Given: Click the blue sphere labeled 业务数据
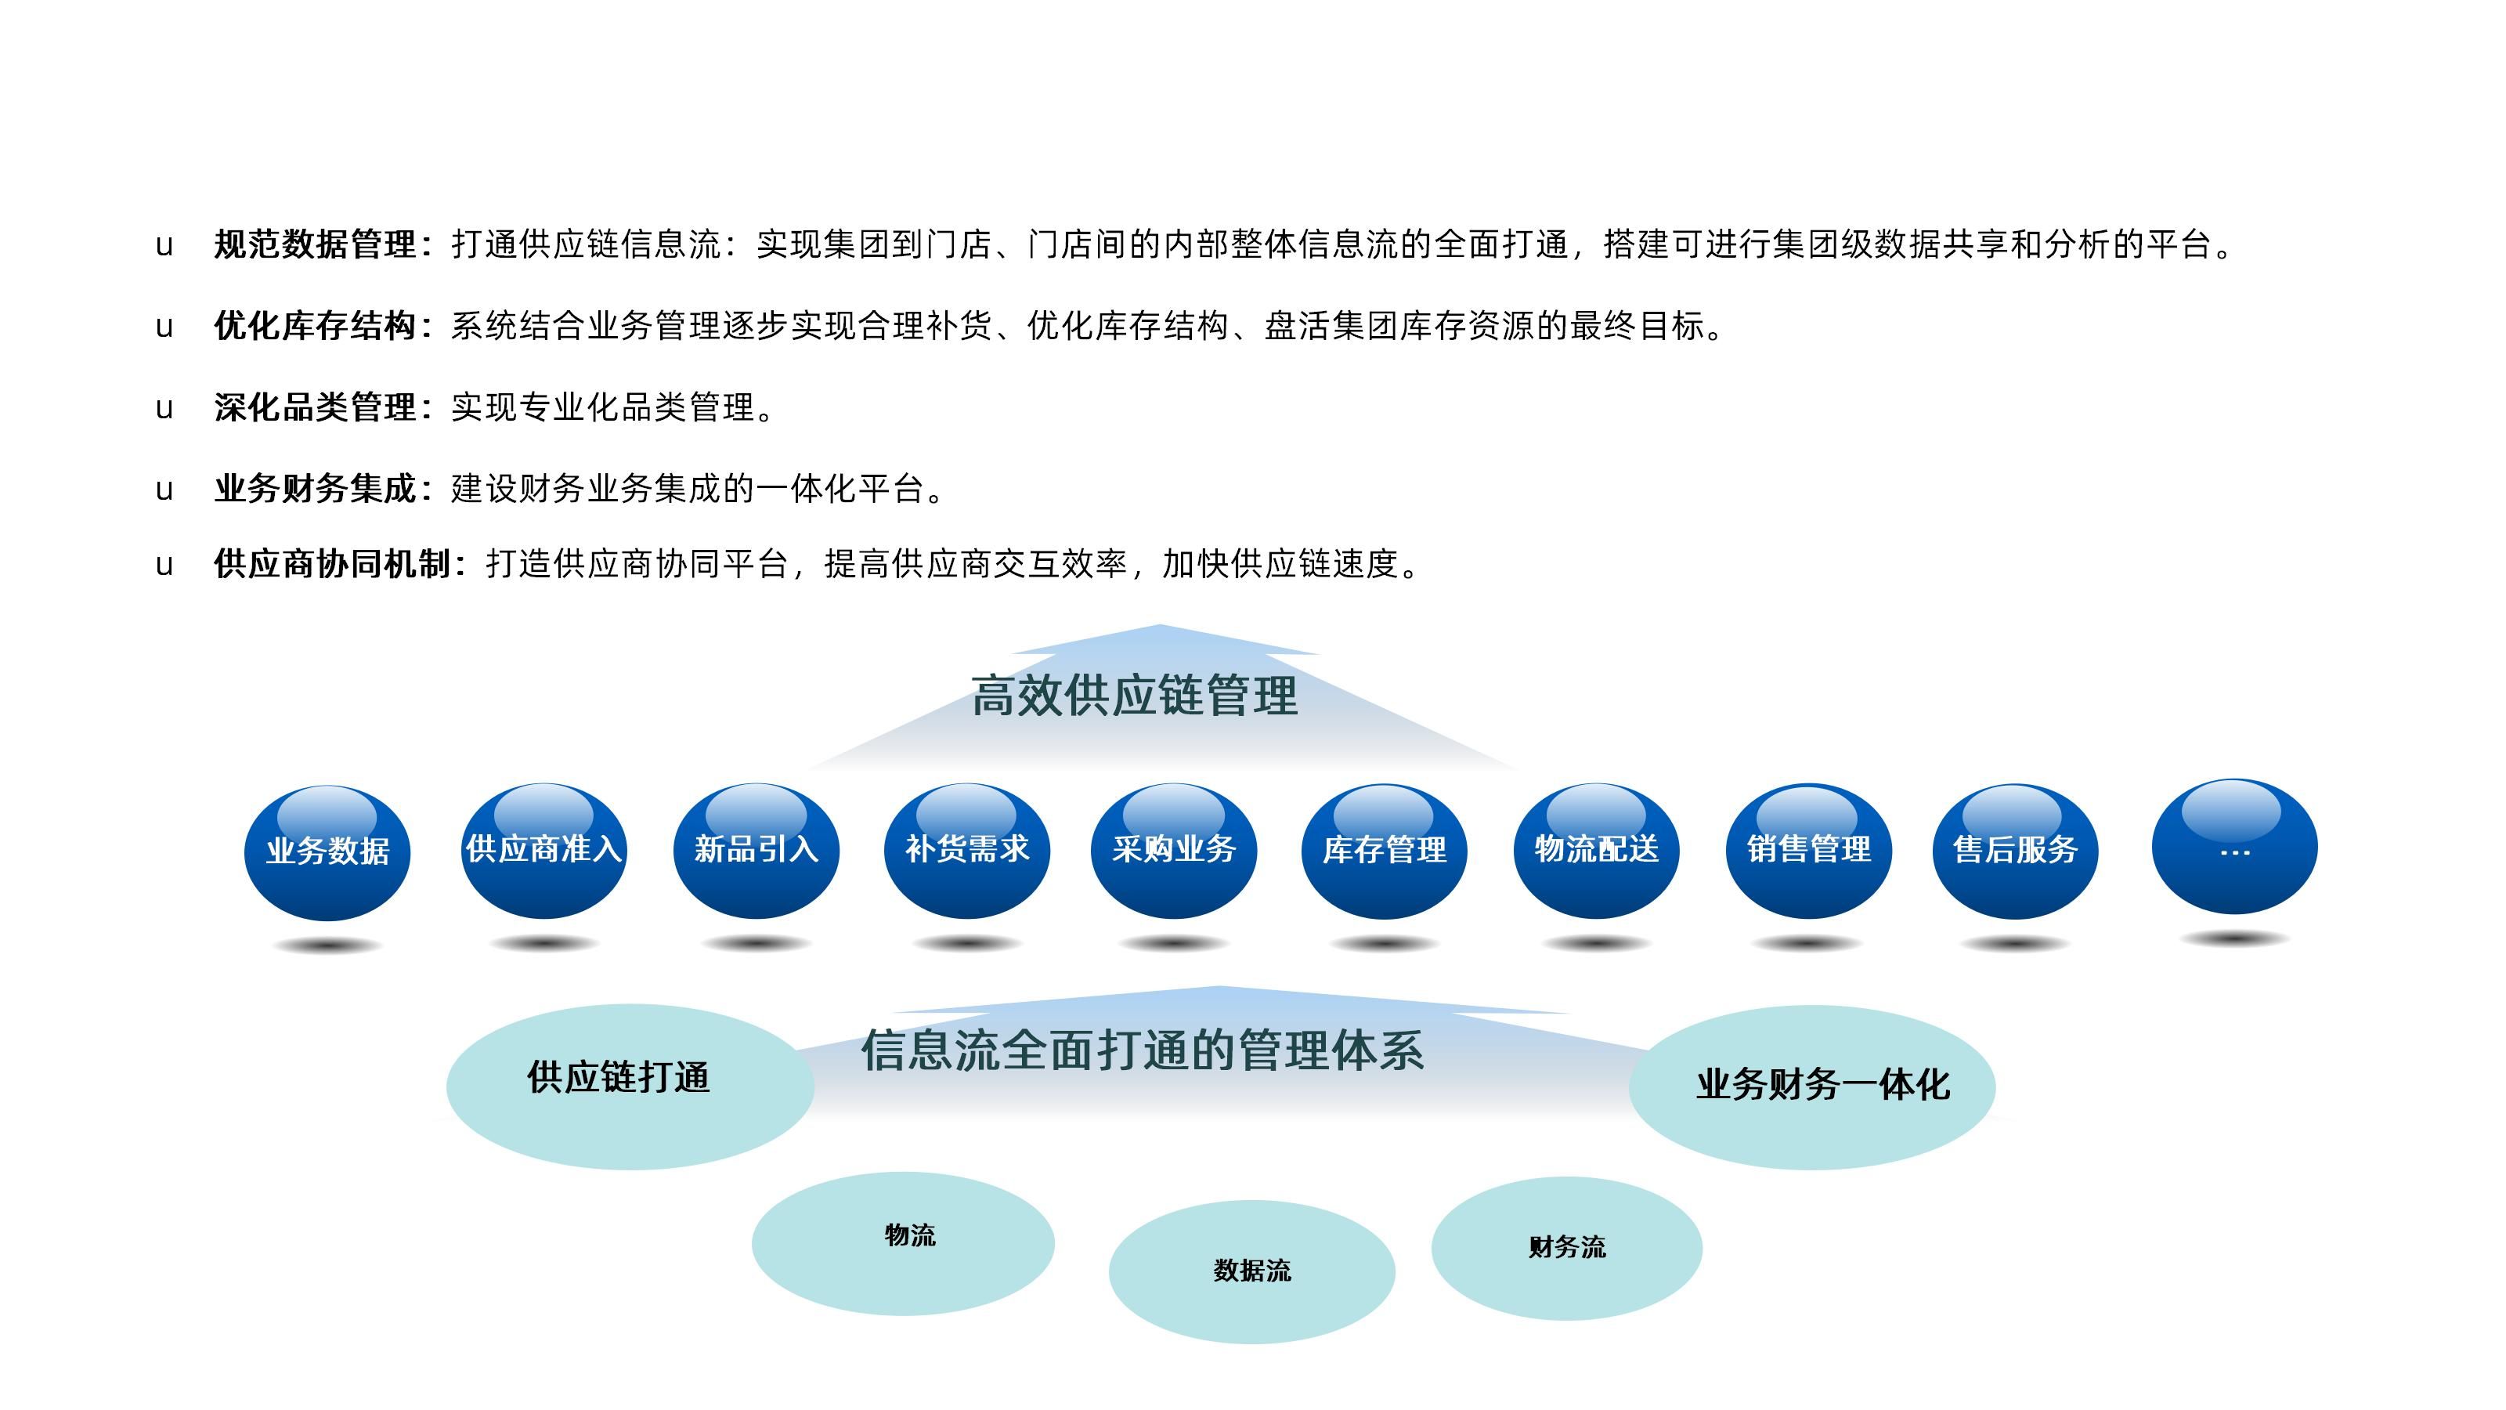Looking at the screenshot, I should [327, 853].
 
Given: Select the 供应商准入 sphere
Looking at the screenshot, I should [543, 851].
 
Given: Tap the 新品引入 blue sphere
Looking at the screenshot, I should [756, 851].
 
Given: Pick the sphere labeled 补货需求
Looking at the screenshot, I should [967, 851].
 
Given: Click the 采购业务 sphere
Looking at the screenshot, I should [1174, 851].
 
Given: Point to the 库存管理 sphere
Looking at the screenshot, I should [1385, 851].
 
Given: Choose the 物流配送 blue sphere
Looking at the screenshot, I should [1597, 851].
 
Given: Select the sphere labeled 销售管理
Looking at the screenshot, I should [1808, 851].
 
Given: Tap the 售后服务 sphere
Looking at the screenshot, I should [2015, 851].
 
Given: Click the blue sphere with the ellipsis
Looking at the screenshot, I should [2234, 847].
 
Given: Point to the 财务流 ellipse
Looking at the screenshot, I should [1566, 1249].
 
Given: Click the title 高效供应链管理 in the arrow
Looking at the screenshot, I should [1134, 696].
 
